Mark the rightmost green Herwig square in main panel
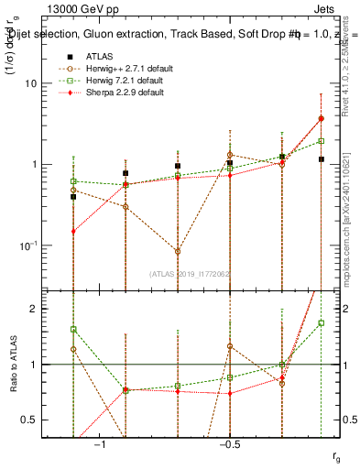pos(321,141)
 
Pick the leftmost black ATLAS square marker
pos(73,196)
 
